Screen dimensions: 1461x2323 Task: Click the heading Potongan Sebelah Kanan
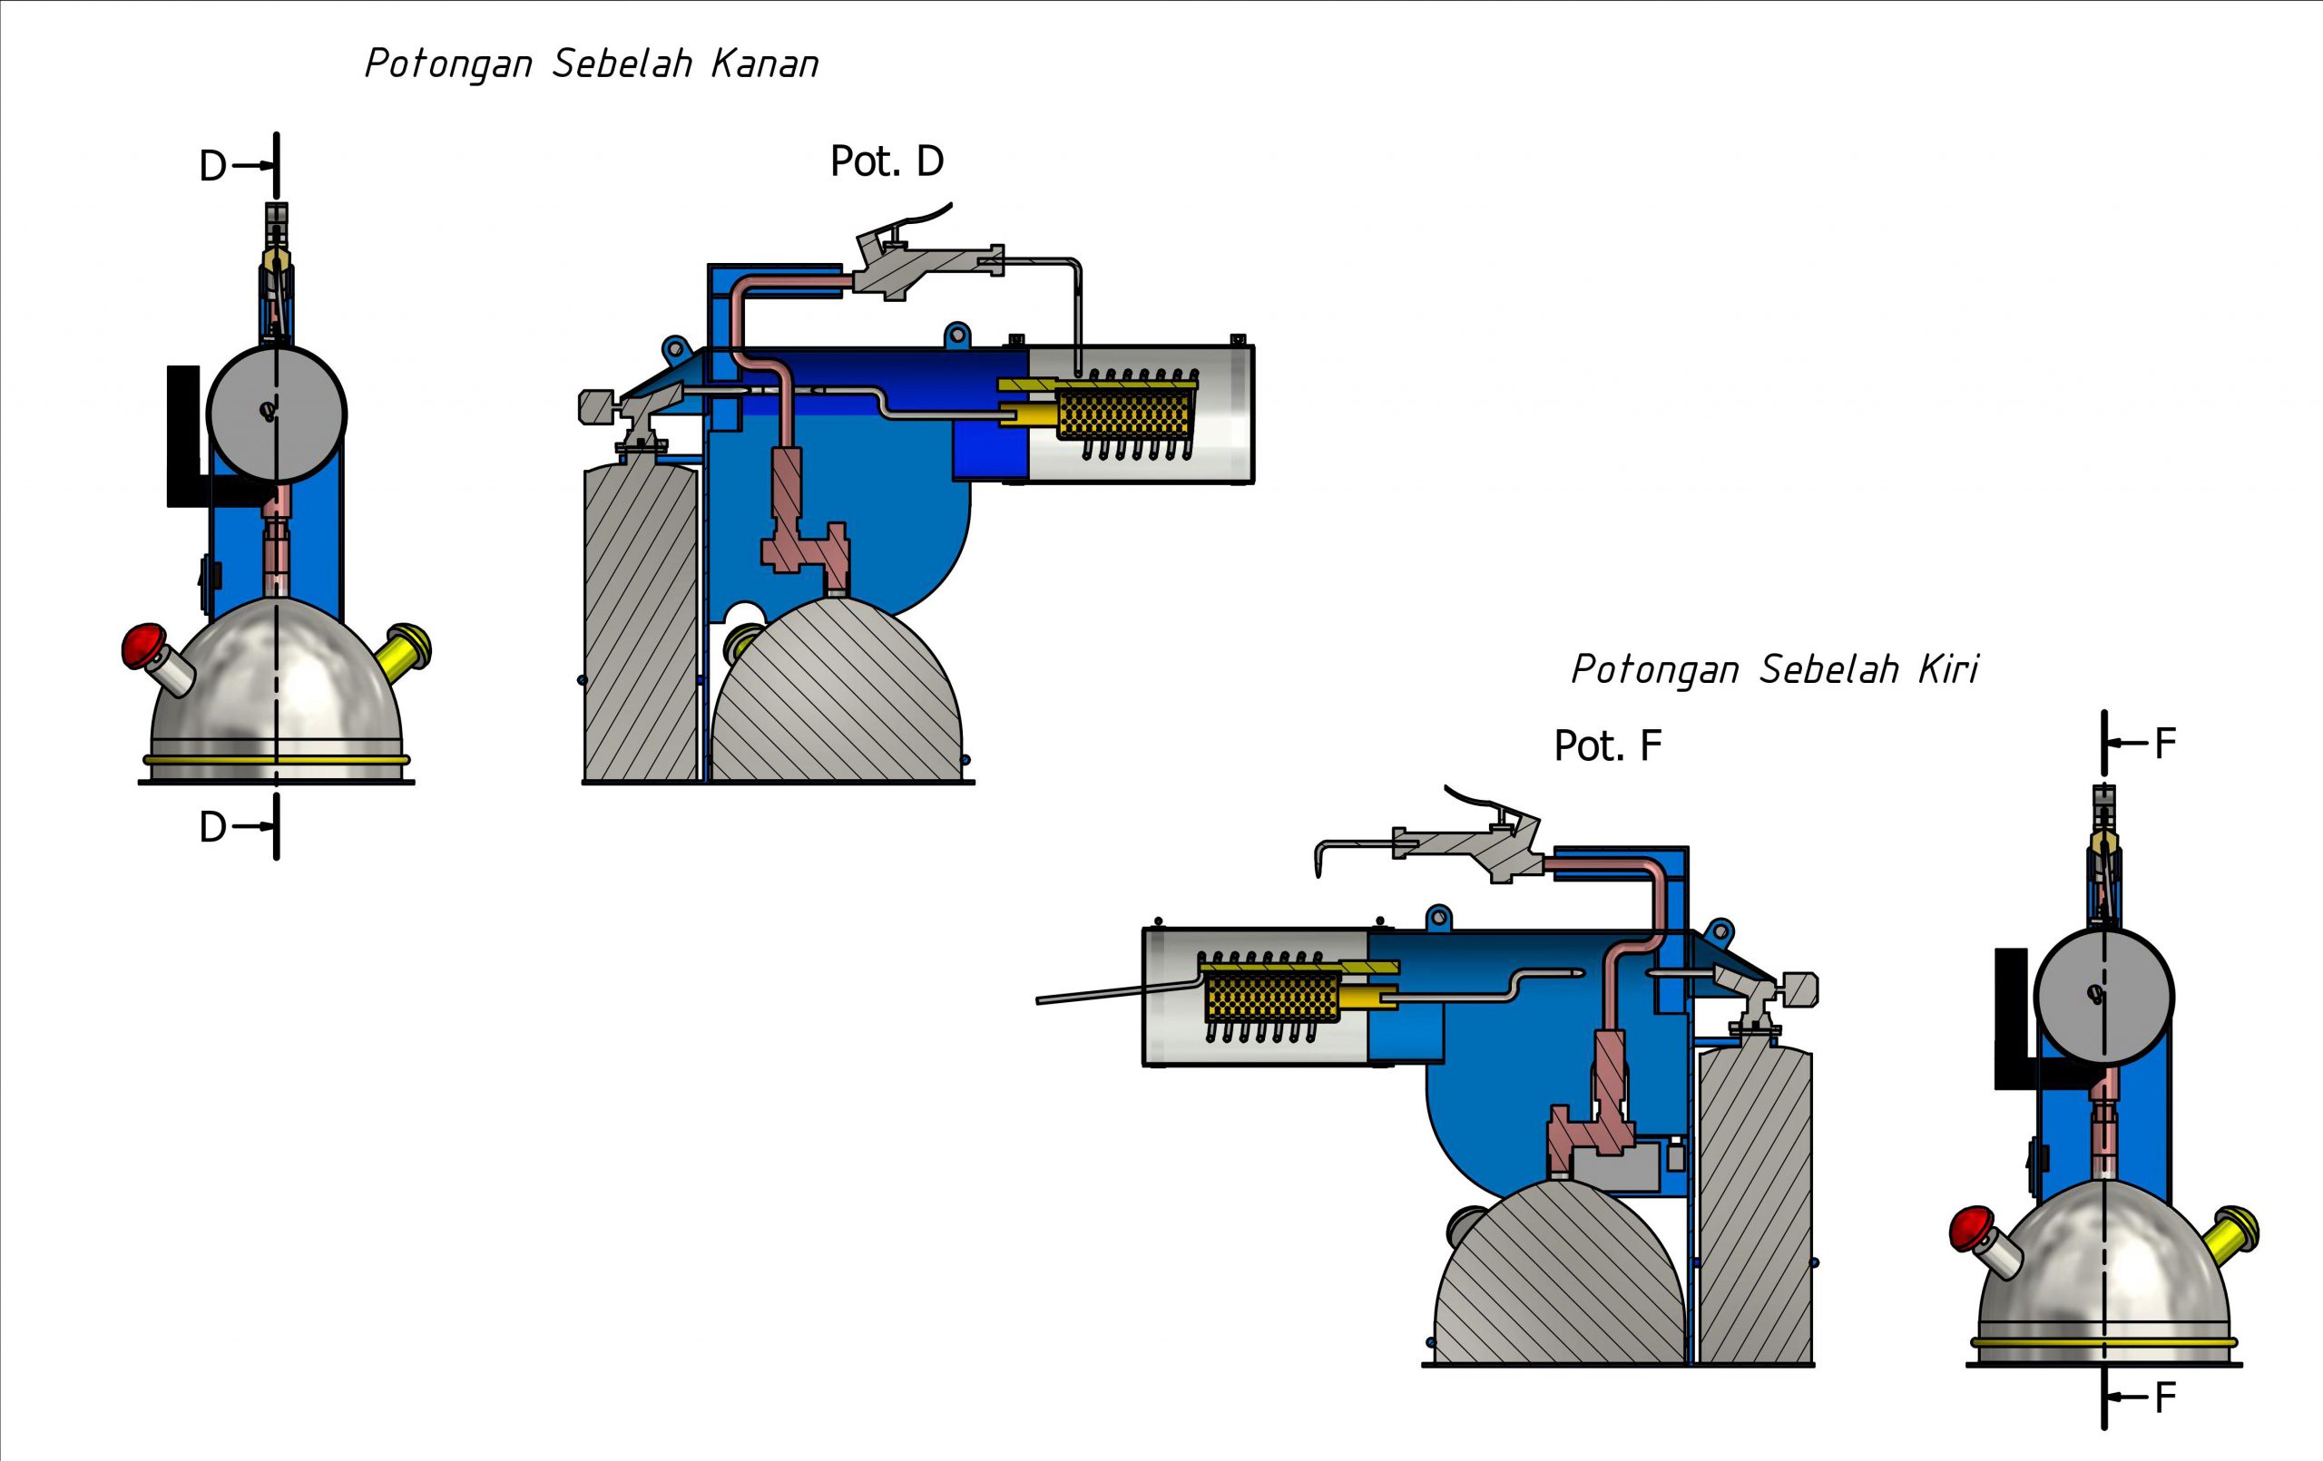point(592,64)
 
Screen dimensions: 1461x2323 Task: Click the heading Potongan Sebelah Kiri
point(1774,669)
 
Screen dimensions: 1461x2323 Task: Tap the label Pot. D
point(887,162)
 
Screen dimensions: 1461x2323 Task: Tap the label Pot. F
point(1607,745)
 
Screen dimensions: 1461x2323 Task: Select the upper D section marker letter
point(212,167)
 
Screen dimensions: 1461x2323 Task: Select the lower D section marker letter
point(212,827)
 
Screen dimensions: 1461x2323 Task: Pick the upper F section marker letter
point(2165,744)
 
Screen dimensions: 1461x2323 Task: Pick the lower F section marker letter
point(2165,1398)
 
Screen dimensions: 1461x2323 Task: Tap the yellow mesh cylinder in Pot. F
point(1271,996)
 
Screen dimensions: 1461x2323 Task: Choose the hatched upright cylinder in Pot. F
point(1755,1205)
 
